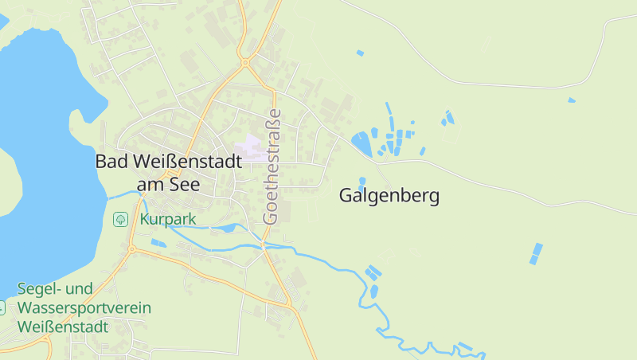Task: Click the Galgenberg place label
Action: pyautogui.click(x=389, y=195)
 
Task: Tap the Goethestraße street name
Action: pyautogui.click(x=272, y=166)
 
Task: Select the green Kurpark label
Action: pyautogui.click(x=168, y=219)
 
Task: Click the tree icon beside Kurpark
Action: pyautogui.click(x=120, y=218)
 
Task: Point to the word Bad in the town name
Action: pyautogui.click(x=110, y=161)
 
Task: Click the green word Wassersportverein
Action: pyautogui.click(x=84, y=308)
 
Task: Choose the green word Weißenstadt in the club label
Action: pyautogui.click(x=61, y=327)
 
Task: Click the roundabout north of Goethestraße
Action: pyautogui.click(x=245, y=62)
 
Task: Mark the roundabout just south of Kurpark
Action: pyautogui.click(x=131, y=250)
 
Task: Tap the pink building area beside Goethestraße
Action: pyautogui.click(x=253, y=147)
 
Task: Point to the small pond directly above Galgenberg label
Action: pyautogui.click(x=362, y=182)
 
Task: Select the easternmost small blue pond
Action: pyautogui.click(x=571, y=100)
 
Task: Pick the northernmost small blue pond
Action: pyautogui.click(x=360, y=53)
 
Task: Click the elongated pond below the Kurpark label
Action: pyautogui.click(x=227, y=229)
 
